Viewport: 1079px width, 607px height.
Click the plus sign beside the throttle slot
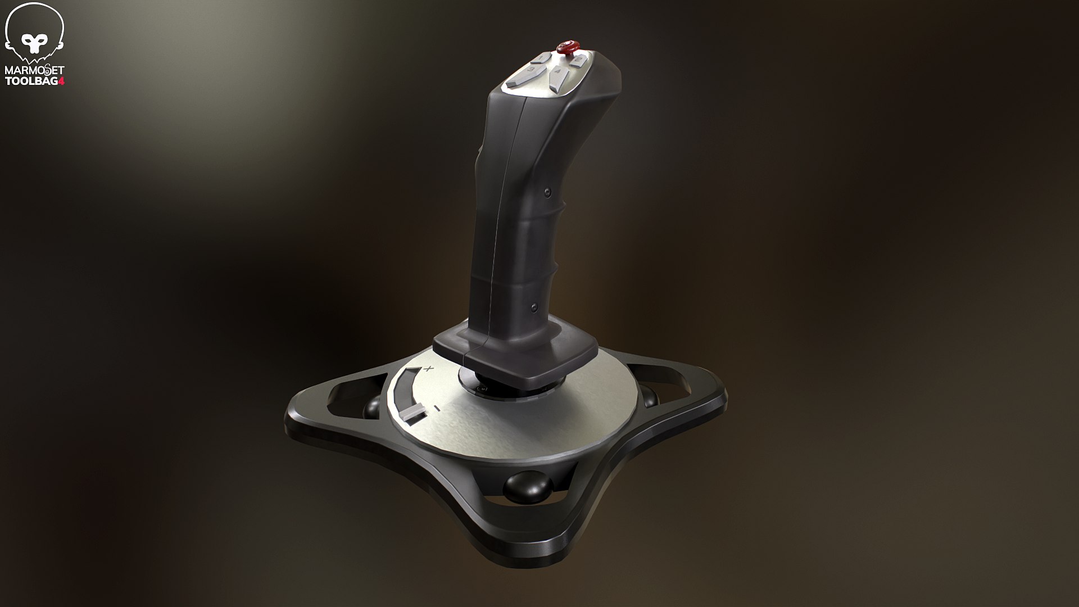[x=429, y=369]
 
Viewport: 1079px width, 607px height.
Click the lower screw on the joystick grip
[x=533, y=307]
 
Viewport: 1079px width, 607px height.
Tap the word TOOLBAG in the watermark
[x=31, y=81]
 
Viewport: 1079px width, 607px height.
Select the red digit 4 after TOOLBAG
[x=62, y=81]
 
